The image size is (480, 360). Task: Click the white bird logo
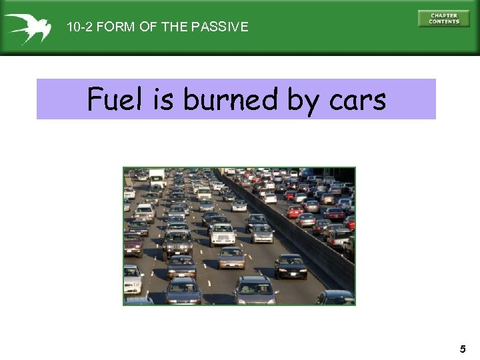click(27, 27)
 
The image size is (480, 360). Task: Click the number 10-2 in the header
click(79, 27)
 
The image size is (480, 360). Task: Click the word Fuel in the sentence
click(115, 100)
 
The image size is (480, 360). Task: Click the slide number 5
click(463, 349)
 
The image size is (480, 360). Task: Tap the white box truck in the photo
click(157, 177)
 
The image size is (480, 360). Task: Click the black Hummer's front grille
click(177, 246)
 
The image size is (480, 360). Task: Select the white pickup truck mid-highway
click(223, 233)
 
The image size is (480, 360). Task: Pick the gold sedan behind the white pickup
click(231, 257)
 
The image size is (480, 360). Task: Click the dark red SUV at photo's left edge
click(133, 245)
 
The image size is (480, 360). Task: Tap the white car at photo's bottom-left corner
click(132, 280)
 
